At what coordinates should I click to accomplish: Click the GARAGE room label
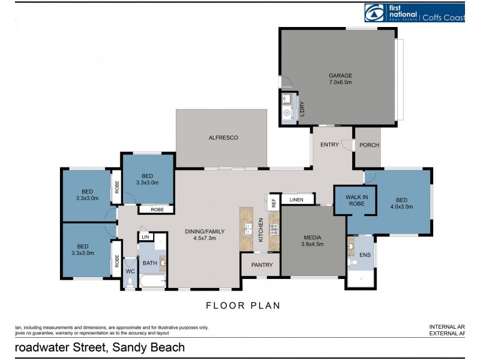[x=340, y=76]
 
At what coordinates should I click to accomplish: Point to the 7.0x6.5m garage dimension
[x=340, y=82]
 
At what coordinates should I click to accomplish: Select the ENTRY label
[x=329, y=145]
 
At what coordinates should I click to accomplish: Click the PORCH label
[x=369, y=145]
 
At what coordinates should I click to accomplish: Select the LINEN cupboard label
[x=296, y=200]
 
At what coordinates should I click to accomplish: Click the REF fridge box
[x=274, y=202]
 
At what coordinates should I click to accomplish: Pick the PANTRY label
[x=262, y=265]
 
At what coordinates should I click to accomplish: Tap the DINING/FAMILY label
[x=204, y=230]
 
